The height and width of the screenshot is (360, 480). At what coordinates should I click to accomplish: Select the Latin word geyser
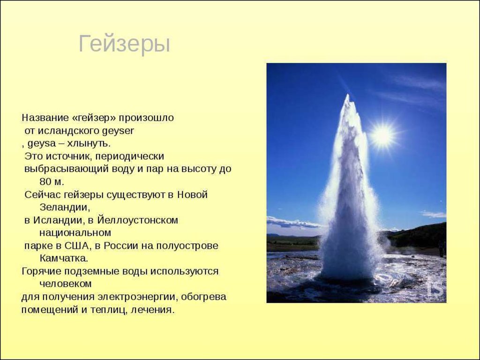tap(121, 131)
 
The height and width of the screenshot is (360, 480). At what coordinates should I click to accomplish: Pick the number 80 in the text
tap(45, 182)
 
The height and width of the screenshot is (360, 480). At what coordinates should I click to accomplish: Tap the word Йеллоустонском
tap(137, 220)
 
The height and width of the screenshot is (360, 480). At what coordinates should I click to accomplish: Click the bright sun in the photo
tap(382, 135)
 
